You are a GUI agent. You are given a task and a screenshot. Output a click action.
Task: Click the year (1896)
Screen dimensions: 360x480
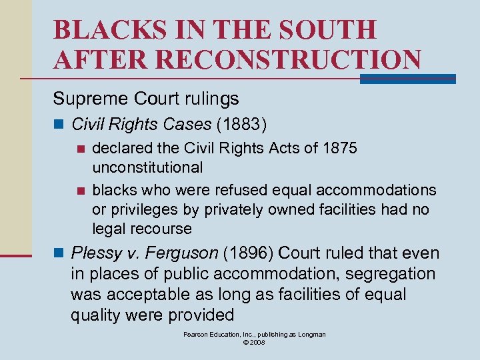[x=249, y=253]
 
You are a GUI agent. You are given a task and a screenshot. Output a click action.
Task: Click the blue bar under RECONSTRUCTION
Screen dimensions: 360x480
[x=407, y=79]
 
